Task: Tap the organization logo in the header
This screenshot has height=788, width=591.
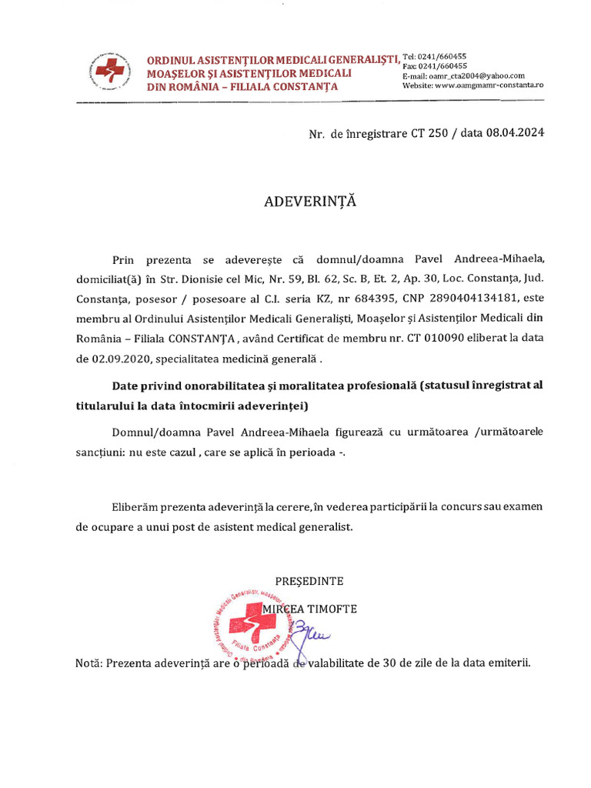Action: pyautogui.click(x=108, y=72)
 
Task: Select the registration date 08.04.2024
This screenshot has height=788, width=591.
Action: pyautogui.click(x=515, y=133)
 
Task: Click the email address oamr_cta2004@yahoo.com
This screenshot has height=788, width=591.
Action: pyautogui.click(x=476, y=75)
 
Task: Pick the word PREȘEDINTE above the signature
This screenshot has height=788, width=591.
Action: pyautogui.click(x=309, y=580)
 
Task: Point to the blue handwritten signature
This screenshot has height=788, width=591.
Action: pyautogui.click(x=308, y=633)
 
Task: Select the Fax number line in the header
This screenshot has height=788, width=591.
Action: pyautogui.click(x=435, y=66)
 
